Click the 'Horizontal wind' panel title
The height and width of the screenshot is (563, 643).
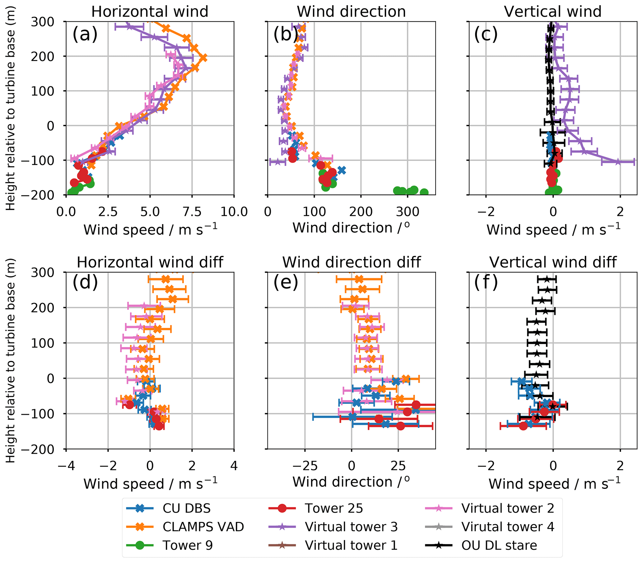[x=150, y=12]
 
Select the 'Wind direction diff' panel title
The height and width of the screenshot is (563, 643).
[x=352, y=262]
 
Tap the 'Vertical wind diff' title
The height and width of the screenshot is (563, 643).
[x=553, y=262]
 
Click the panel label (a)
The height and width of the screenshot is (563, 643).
[x=85, y=34]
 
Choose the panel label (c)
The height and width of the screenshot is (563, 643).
[x=486, y=34]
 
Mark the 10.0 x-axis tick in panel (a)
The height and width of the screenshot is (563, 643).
[x=234, y=212]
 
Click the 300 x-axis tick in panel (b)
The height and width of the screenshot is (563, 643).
[x=407, y=212]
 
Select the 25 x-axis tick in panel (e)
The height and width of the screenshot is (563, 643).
[x=398, y=466]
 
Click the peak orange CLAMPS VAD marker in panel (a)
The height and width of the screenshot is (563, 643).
[x=203, y=58]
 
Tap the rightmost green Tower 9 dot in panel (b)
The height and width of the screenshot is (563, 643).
[x=424, y=192]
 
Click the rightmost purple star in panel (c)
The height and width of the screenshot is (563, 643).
[x=617, y=162]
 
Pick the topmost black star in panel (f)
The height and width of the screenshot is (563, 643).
[x=547, y=279]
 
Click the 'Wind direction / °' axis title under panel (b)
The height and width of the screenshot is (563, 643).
[x=351, y=228]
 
